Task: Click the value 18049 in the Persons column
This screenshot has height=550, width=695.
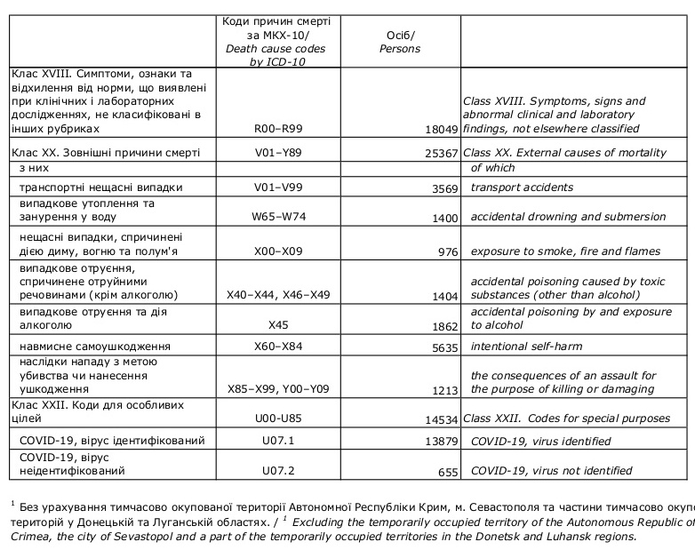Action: [x=440, y=129]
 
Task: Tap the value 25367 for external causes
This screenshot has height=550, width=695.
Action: [x=440, y=153]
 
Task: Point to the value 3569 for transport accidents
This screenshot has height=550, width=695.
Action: [x=443, y=187]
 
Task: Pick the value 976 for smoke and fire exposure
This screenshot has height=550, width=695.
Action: [x=446, y=251]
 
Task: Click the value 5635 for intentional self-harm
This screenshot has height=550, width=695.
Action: [x=443, y=347]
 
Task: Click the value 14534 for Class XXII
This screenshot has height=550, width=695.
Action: [x=440, y=418]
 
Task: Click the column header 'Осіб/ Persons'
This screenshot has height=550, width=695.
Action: [x=400, y=42]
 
